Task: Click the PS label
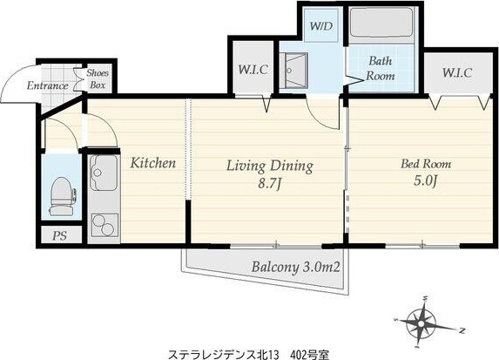tap(59, 235)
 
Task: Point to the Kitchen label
tap(153, 163)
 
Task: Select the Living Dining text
tap(269, 166)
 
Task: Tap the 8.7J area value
tap(269, 185)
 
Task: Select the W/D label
tap(321, 25)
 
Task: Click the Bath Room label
tap(381, 69)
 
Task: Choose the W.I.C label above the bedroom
tap(456, 72)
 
